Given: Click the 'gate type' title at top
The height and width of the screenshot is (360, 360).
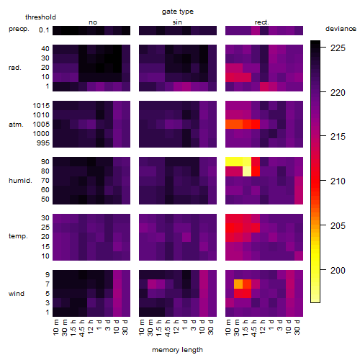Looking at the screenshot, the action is pyautogui.click(x=178, y=12).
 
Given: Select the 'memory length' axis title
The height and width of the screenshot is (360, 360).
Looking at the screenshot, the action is pyautogui.click(x=177, y=350).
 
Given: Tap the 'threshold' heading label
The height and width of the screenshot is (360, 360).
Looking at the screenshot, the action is pyautogui.click(x=40, y=17).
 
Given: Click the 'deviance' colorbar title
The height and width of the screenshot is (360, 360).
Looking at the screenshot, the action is pyautogui.click(x=341, y=29).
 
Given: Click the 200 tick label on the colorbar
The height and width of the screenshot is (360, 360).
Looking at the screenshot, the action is pyautogui.click(x=338, y=270).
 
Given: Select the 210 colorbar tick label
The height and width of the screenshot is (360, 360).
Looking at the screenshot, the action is pyautogui.click(x=338, y=181).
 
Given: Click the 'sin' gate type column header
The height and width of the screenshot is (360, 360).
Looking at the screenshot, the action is pyautogui.click(x=177, y=22).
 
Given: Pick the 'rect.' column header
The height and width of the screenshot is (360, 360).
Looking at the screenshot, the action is pyautogui.click(x=261, y=22).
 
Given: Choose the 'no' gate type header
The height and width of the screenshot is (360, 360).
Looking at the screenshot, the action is pyautogui.click(x=93, y=22).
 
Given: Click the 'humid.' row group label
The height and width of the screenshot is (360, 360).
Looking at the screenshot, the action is pyautogui.click(x=20, y=181).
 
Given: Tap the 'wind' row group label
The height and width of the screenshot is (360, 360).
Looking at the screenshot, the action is pyautogui.click(x=17, y=294).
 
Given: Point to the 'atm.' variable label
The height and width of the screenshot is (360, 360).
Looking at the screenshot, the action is pyautogui.click(x=16, y=125).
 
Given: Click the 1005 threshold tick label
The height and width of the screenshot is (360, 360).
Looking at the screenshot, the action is pyautogui.click(x=41, y=125).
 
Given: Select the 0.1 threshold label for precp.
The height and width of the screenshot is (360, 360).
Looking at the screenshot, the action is pyautogui.click(x=44, y=30).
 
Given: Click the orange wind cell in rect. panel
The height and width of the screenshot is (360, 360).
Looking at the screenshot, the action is pyautogui.click(x=238, y=284).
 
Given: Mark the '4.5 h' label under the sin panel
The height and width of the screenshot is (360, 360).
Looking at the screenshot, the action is pyautogui.click(x=168, y=328).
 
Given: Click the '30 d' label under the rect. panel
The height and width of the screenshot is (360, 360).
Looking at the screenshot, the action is pyautogui.click(x=297, y=327).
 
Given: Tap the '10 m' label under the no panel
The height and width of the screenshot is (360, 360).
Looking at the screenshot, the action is pyautogui.click(x=55, y=328).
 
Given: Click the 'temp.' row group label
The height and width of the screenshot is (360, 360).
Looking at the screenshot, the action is pyautogui.click(x=18, y=236).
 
